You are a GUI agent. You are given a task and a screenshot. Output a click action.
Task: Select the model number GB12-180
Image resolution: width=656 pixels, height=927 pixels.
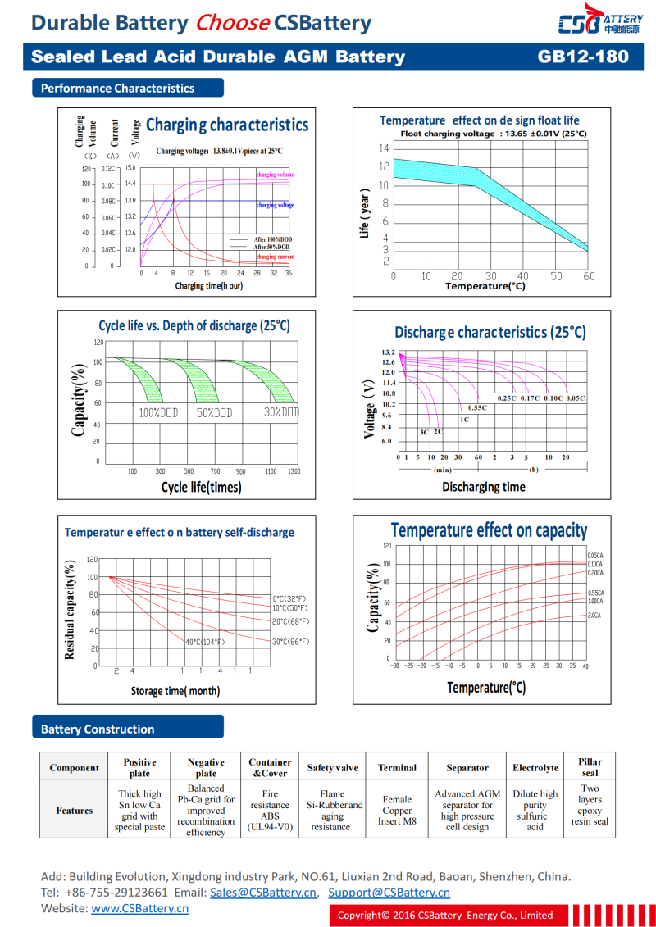[583, 57]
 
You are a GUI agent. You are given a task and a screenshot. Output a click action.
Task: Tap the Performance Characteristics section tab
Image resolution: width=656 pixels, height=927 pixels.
[117, 89]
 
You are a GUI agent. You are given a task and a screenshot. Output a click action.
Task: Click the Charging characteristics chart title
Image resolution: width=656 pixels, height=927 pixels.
[227, 125]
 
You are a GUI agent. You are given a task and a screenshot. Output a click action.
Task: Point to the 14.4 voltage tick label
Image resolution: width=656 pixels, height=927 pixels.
[130, 184]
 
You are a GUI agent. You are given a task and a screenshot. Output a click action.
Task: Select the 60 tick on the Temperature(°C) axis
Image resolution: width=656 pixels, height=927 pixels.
[589, 277]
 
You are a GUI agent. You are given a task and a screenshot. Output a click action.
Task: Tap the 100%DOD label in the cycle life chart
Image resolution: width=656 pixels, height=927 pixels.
[158, 412]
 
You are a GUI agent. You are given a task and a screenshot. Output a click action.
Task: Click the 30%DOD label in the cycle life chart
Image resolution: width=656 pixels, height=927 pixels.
[281, 412]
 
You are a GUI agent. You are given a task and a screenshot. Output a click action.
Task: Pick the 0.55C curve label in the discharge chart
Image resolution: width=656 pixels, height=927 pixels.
[477, 407]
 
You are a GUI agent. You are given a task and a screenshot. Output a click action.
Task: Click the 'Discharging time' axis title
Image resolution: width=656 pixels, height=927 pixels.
[483, 487]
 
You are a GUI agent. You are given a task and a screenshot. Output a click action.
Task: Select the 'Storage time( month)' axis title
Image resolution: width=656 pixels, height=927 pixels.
[175, 691]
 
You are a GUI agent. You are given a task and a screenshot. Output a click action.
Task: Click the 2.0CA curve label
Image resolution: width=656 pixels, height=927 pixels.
[594, 615]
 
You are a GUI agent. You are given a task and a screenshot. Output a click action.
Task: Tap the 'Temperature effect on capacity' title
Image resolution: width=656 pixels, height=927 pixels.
[489, 530]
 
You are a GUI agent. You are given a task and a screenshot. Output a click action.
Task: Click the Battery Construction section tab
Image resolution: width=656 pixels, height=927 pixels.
[98, 729]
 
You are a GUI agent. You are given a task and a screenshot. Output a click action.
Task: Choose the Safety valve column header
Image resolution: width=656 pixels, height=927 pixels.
[332, 768]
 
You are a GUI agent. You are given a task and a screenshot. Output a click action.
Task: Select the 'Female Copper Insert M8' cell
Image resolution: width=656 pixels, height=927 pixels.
[397, 810]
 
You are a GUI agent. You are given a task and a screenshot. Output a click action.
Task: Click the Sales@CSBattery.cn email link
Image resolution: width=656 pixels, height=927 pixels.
[263, 893]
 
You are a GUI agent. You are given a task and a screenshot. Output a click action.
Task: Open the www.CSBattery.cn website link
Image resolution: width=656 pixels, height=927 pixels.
[139, 908]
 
